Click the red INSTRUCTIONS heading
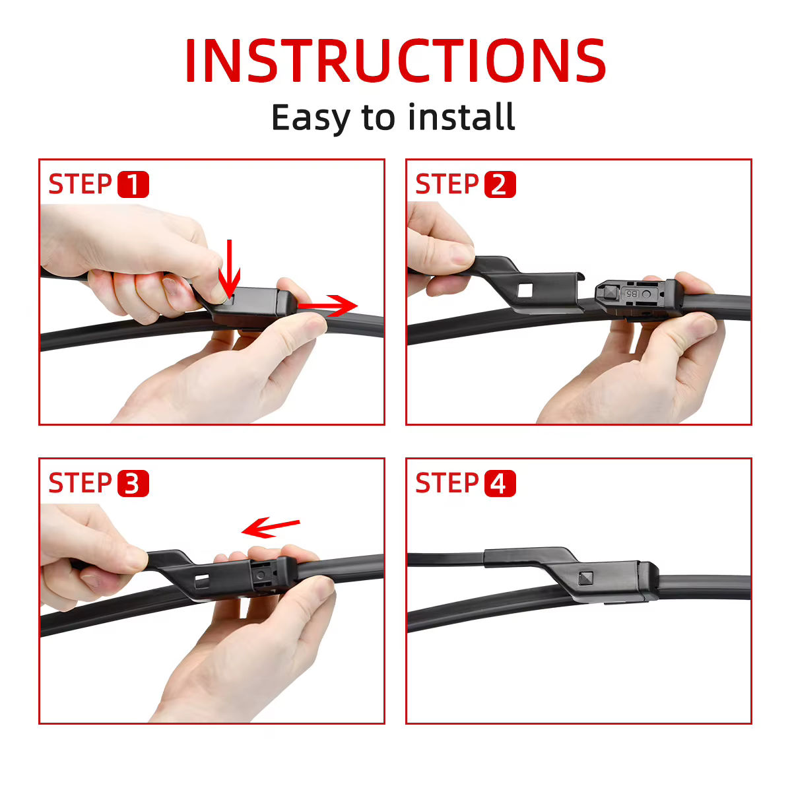[x=395, y=60]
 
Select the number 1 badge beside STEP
[x=133, y=185]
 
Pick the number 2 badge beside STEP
[x=500, y=185]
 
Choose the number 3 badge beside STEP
[x=133, y=483]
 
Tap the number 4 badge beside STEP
[x=500, y=483]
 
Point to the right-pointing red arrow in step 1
[x=327, y=306]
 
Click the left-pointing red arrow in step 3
[x=271, y=527]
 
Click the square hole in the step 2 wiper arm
[x=525, y=290]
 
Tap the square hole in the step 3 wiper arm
[x=202, y=581]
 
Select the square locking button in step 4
[x=585, y=578]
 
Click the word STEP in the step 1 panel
[x=80, y=184]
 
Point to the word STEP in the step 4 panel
[x=447, y=483]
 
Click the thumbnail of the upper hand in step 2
[x=462, y=255]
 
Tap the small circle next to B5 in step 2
[x=646, y=294]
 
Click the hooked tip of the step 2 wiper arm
[x=581, y=275]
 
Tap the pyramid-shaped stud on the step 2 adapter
[x=610, y=292]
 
